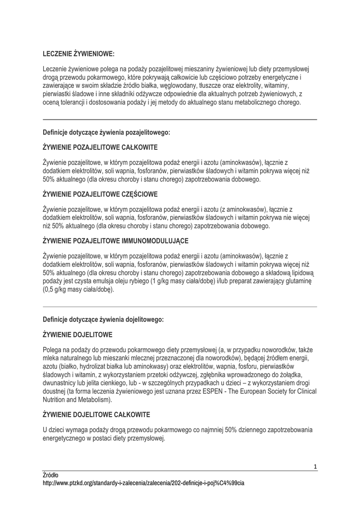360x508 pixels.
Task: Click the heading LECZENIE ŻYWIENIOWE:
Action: [x=78, y=53]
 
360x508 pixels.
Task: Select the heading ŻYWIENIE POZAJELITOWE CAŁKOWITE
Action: [x=100, y=147]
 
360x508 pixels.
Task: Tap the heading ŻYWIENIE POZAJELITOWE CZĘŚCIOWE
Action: [x=100, y=193]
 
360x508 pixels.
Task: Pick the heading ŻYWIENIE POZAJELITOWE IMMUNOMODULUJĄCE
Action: [x=116, y=241]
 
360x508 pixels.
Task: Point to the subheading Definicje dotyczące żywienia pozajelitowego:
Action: [x=106, y=132]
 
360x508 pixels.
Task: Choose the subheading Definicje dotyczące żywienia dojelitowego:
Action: [x=103, y=319]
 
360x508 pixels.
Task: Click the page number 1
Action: [x=315, y=466]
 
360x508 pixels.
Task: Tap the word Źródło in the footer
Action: [x=51, y=475]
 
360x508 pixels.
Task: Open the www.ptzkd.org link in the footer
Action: [x=144, y=483]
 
